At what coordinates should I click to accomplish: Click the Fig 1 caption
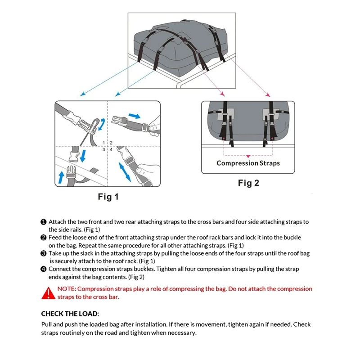tap(108, 197)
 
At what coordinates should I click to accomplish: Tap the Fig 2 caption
tap(248, 183)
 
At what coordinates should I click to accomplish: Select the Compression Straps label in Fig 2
tap(248, 163)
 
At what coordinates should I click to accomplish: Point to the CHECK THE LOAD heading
tap(70, 314)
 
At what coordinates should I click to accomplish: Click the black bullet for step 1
tap(44, 222)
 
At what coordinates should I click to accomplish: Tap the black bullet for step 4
tap(44, 269)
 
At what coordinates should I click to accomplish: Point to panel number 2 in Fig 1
tap(111, 143)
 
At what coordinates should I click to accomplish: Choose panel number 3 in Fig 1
tap(104, 149)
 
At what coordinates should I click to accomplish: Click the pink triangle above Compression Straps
tap(248, 156)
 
